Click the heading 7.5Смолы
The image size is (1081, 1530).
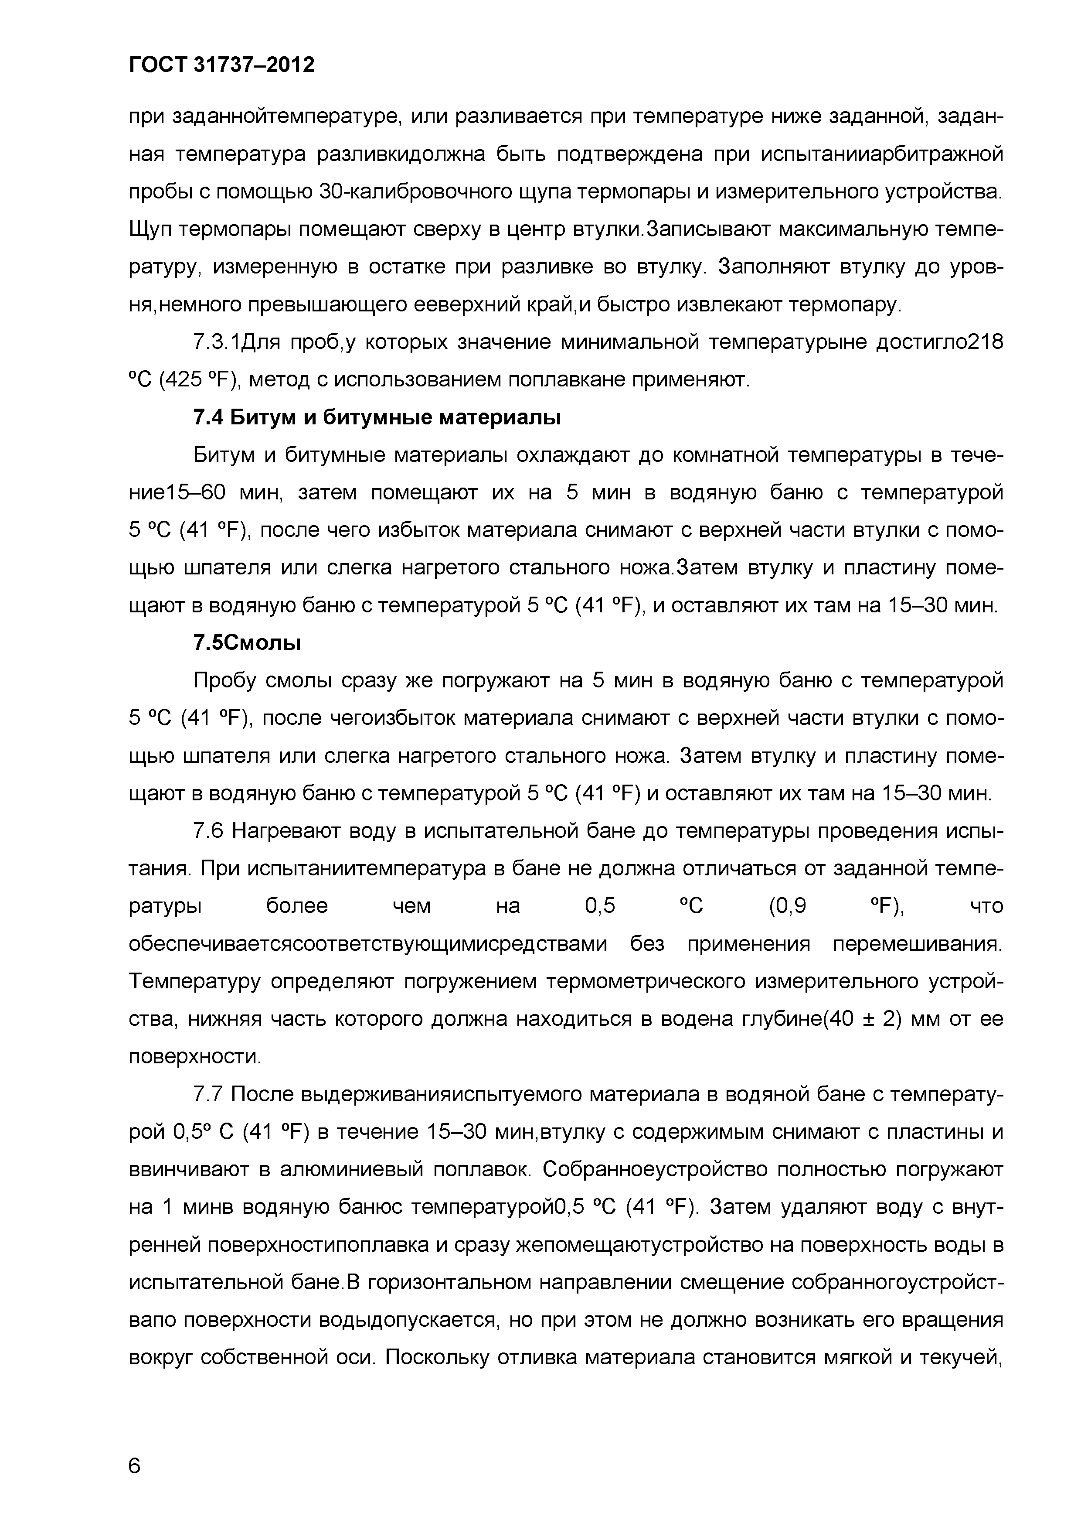(246, 643)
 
